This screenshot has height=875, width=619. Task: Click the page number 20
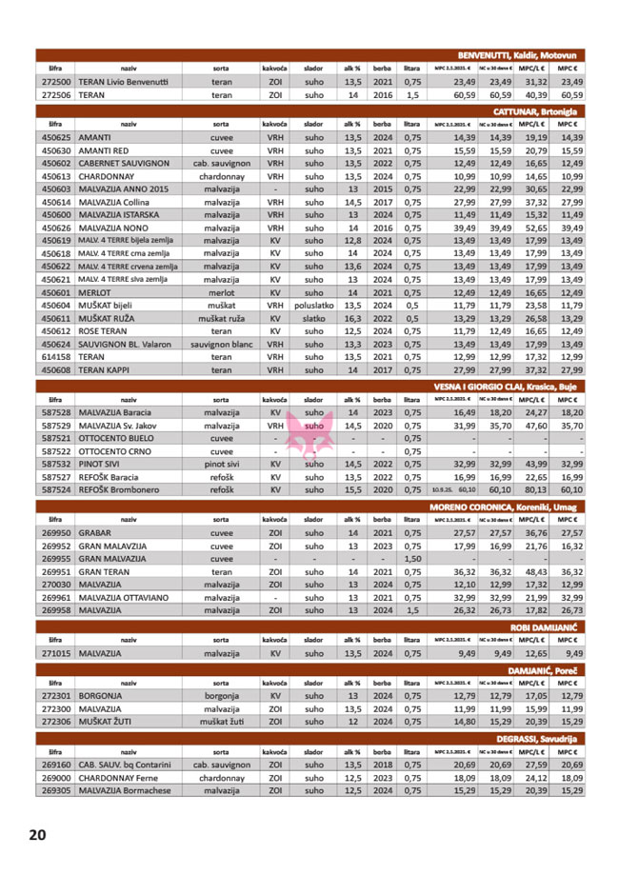point(37,835)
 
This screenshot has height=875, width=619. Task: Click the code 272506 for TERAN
point(57,96)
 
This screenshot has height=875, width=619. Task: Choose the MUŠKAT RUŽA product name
point(111,318)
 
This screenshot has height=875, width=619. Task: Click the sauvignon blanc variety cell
point(220,344)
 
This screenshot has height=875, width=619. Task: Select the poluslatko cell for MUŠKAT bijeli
point(313,306)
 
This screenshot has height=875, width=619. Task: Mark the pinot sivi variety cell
point(220,464)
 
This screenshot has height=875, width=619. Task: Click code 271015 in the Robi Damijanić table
point(57,654)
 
